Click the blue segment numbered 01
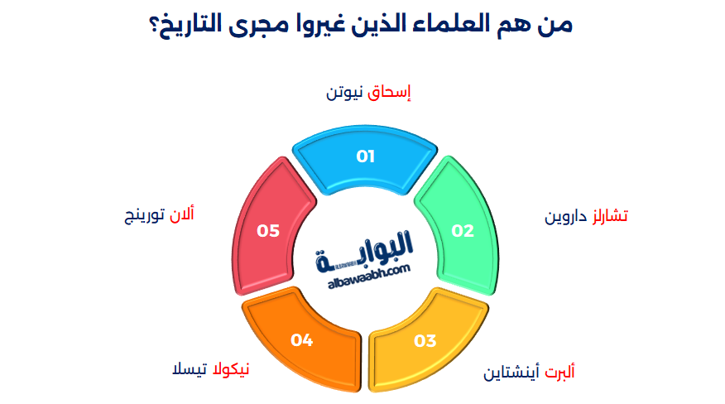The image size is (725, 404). [x=365, y=158]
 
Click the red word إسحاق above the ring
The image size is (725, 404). [x=389, y=93]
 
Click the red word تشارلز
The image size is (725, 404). [x=609, y=216]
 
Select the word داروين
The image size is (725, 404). [x=565, y=216]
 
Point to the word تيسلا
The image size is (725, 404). [x=187, y=368]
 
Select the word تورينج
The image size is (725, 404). [x=142, y=215]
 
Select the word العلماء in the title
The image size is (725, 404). [x=451, y=24]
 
